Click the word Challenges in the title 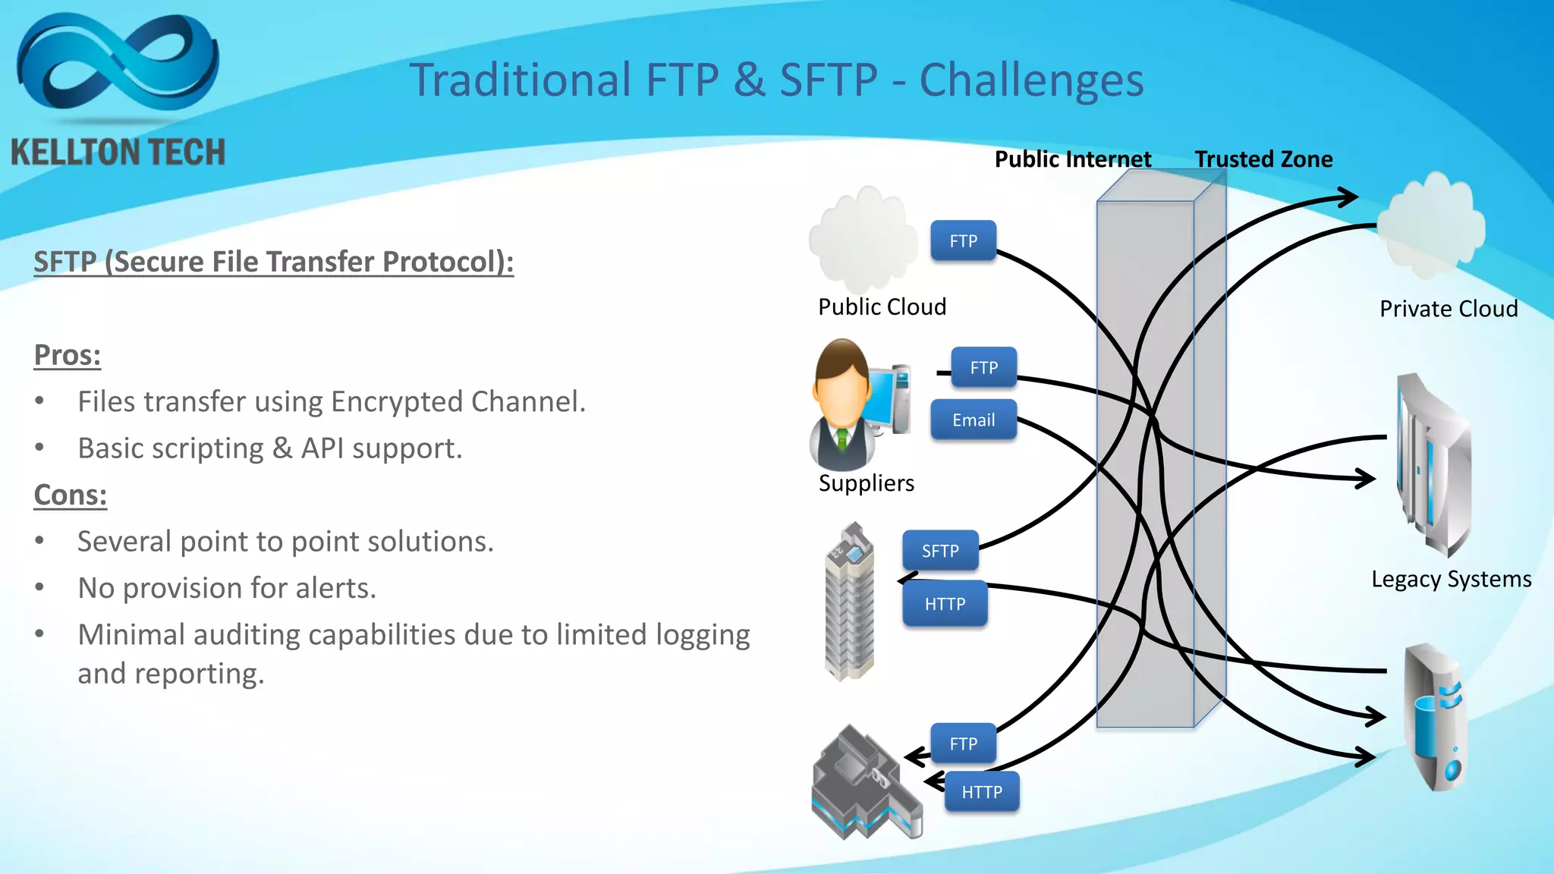click(x=1031, y=80)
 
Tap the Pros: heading click(x=68, y=355)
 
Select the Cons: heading click(x=71, y=495)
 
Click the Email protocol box click(x=974, y=420)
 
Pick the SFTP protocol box click(x=940, y=551)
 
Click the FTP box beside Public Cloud click(x=963, y=241)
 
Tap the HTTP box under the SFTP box click(x=945, y=604)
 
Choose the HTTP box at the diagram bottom click(x=982, y=792)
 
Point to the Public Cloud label click(x=882, y=307)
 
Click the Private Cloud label click(x=1448, y=309)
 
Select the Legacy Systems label click(x=1451, y=579)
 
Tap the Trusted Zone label click(x=1263, y=159)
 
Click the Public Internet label click(x=1072, y=159)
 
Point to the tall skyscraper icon click(x=850, y=603)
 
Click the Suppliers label click(x=866, y=483)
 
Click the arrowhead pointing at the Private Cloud click(x=1349, y=197)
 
